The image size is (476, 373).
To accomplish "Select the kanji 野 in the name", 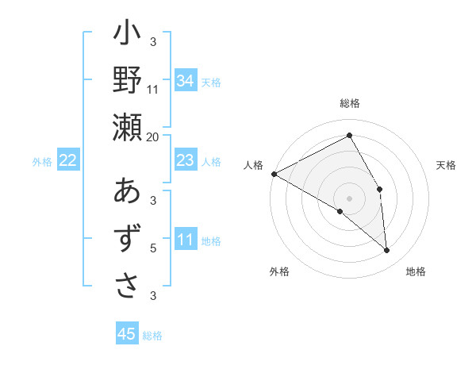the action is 127,80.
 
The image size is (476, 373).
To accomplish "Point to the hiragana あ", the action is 127,193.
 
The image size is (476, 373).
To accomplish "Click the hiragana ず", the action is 127,238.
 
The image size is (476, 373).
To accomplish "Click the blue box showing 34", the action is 185,81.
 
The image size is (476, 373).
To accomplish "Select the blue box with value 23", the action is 185,160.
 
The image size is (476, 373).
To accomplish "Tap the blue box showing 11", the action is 185,240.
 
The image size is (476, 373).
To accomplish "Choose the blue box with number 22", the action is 68,160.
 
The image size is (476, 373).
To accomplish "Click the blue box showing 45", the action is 127,334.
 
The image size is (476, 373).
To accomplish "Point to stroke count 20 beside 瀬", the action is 153,137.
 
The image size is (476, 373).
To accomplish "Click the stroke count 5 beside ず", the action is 153,249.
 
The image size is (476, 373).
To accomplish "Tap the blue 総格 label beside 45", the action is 152,336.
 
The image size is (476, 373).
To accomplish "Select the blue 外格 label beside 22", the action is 42,162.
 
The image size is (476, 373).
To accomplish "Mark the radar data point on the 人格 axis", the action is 274,174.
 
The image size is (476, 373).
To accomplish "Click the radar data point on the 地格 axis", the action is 387,251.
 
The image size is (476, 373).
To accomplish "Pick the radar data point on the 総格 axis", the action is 349,137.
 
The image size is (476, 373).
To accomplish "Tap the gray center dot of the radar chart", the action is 349,197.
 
